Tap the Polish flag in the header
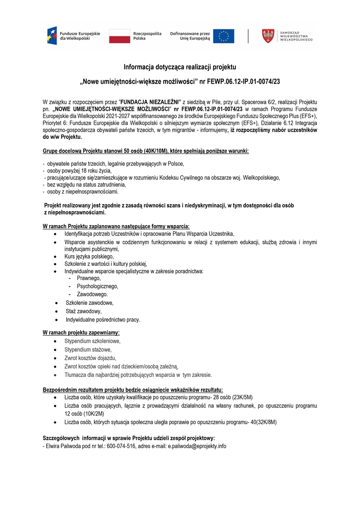click(x=120, y=36)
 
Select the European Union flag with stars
click(x=223, y=36)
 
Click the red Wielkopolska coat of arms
click(x=268, y=36)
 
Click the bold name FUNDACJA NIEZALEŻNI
click(x=151, y=102)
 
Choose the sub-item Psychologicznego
click(x=97, y=286)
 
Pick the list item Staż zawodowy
click(x=84, y=311)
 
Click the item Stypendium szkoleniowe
click(x=92, y=341)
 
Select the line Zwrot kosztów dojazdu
click(x=90, y=358)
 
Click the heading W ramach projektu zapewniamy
click(x=81, y=332)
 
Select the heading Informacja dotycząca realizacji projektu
click(x=180, y=67)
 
